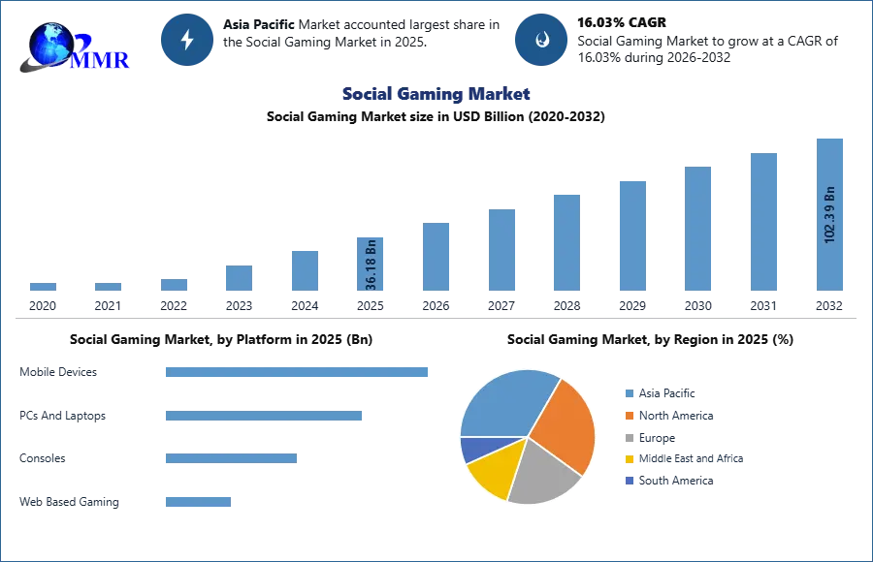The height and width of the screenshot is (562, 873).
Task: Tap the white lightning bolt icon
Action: click(x=187, y=40)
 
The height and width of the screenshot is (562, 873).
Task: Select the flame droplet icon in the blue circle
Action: click(x=540, y=40)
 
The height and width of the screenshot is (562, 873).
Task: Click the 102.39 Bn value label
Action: click(x=829, y=214)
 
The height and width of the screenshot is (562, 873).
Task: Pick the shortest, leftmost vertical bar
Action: click(x=43, y=287)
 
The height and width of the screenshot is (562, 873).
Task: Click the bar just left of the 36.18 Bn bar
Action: click(x=303, y=270)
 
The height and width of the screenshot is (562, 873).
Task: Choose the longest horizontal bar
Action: click(x=298, y=372)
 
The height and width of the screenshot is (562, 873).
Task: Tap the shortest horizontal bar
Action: click(x=198, y=503)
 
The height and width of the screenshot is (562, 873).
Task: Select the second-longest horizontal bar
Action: click(x=263, y=418)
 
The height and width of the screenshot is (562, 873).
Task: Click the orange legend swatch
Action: click(x=629, y=418)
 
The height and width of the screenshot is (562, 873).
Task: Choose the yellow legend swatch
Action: click(x=629, y=458)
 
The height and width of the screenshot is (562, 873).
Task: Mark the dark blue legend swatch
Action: click(x=629, y=480)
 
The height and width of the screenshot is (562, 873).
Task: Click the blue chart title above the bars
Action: click(x=436, y=95)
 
